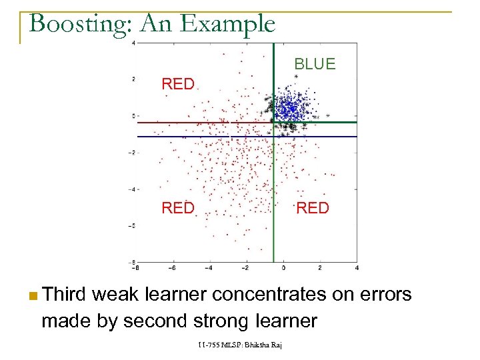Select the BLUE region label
[315, 64]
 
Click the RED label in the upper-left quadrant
[178, 84]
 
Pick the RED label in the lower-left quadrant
[178, 208]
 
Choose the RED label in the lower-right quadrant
[312, 208]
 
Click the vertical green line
[273, 200]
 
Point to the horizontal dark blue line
[200, 137]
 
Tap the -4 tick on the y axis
[133, 189]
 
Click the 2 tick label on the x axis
[320, 268]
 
